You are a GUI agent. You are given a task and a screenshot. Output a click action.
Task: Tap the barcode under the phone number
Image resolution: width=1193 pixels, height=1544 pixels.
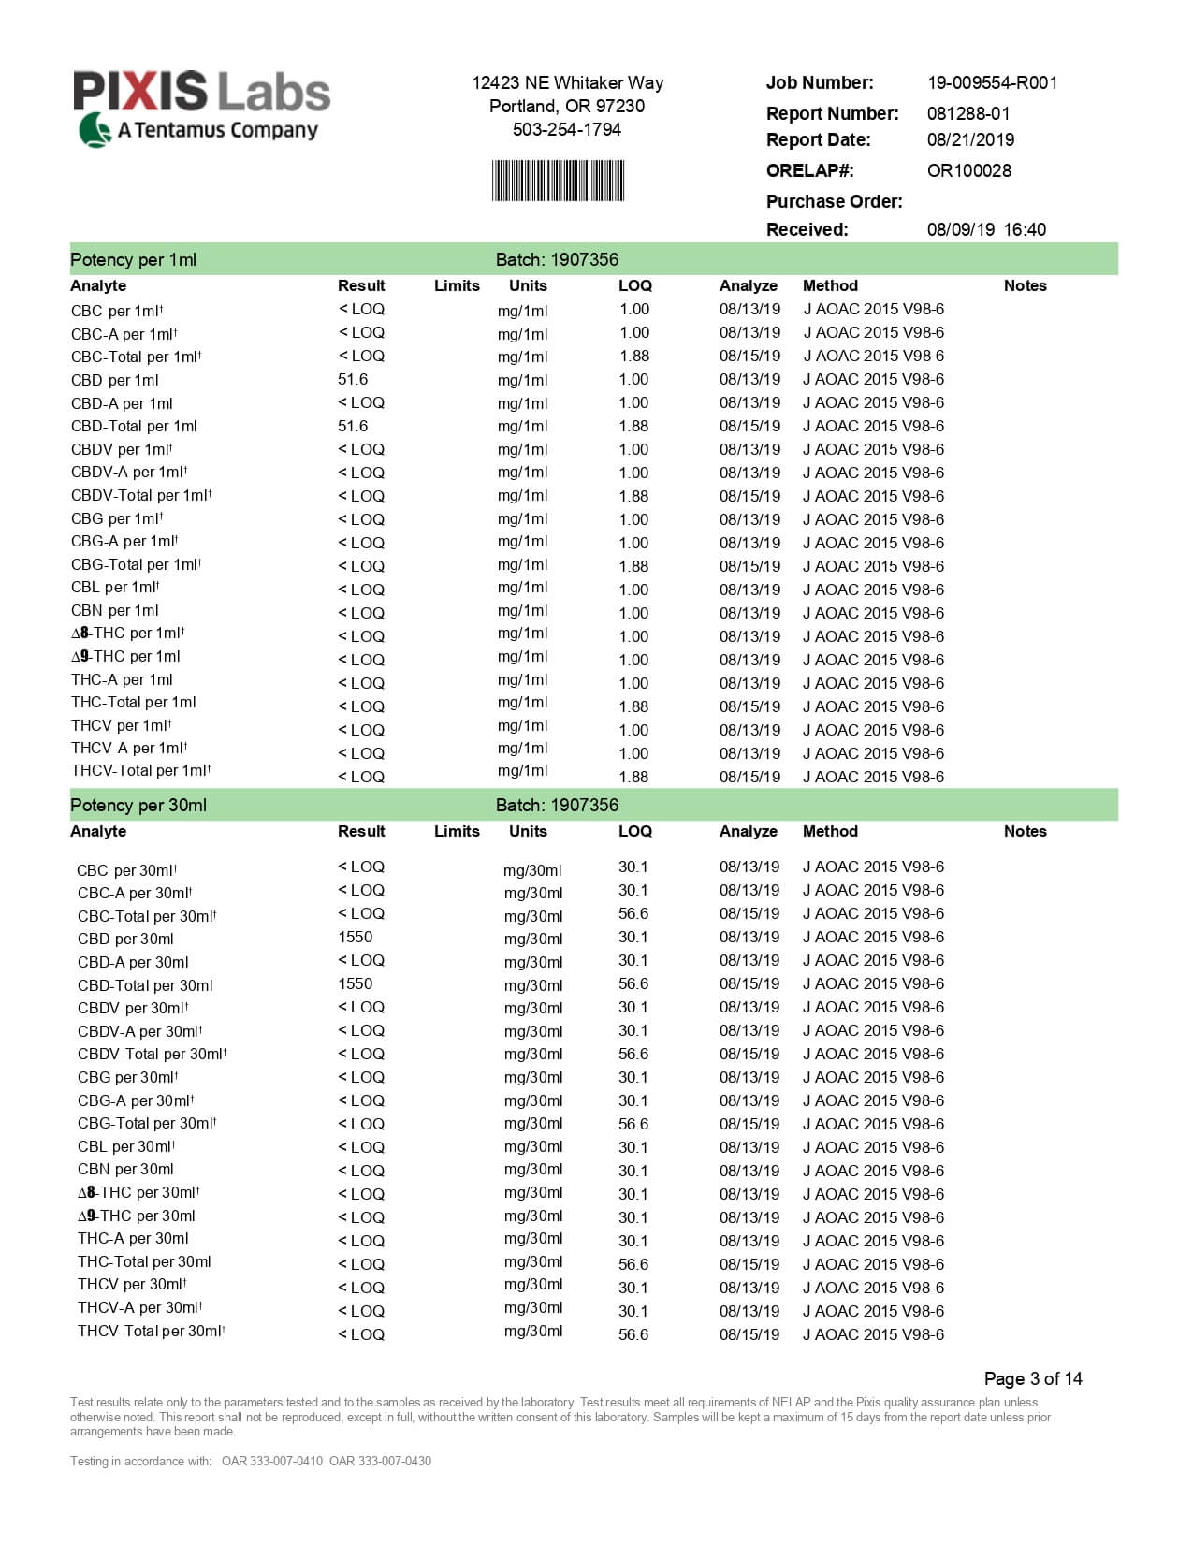tap(558, 181)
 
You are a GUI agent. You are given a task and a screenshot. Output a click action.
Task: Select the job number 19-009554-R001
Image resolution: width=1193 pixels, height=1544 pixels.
tap(992, 82)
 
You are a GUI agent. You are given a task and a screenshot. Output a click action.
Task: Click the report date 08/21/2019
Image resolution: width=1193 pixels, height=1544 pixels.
tap(970, 139)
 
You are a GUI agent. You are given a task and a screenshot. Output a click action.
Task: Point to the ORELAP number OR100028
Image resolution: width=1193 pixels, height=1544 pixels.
tap(968, 170)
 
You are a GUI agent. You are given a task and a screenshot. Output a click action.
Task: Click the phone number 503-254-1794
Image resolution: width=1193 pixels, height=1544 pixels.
tap(566, 129)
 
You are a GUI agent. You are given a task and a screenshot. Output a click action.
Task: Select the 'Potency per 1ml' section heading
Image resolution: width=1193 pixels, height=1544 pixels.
tap(133, 259)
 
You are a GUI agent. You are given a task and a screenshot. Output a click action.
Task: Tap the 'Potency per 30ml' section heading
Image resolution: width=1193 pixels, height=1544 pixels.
tap(138, 805)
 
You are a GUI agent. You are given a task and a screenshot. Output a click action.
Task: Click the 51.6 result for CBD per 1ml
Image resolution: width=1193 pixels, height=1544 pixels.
tap(353, 379)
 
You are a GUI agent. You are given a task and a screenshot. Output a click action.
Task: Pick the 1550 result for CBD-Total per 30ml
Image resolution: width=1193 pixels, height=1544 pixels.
tap(355, 983)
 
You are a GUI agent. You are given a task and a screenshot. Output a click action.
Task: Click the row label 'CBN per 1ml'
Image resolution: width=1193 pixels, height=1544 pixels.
tap(114, 610)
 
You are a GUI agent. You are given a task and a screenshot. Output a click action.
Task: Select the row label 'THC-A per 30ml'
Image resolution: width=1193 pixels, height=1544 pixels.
tap(133, 1238)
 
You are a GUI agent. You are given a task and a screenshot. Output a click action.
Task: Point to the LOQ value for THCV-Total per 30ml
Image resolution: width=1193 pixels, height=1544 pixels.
tap(633, 1334)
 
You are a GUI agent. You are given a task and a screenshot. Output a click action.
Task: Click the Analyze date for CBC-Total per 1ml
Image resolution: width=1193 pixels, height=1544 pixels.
tap(749, 356)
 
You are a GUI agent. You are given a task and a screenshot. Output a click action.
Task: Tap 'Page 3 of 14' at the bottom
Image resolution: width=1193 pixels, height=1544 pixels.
tap(1032, 1378)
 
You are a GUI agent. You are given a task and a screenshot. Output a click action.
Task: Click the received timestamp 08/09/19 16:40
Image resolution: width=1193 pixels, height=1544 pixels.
tap(986, 229)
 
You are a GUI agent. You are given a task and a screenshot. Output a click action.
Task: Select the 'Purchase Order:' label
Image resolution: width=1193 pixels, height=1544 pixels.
tap(834, 201)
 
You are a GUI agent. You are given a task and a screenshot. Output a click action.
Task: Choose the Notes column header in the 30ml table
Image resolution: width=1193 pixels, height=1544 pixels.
tap(1025, 831)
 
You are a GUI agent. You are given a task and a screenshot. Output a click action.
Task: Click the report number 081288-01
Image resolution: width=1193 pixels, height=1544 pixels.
tap(968, 113)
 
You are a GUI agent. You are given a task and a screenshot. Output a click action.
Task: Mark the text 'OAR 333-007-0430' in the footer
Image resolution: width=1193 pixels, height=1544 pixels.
tap(380, 1461)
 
